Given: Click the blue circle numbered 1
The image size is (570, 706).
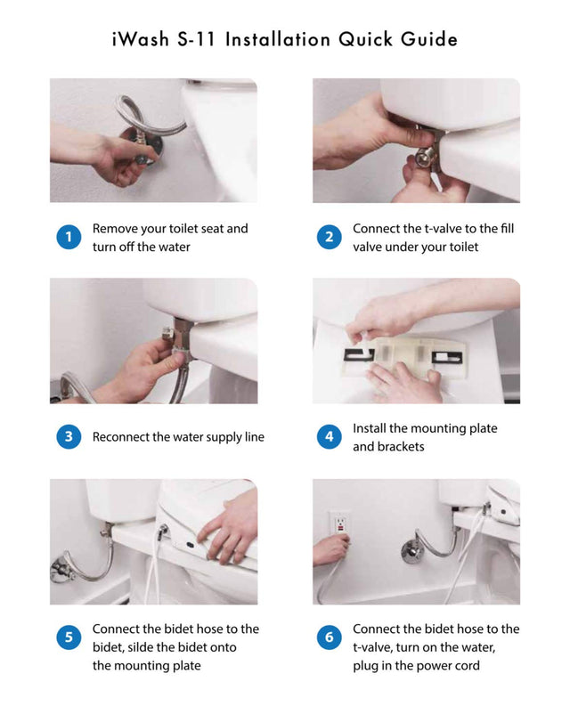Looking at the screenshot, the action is pyautogui.click(x=69, y=237).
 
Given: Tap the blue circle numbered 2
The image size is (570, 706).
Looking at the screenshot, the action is pyautogui.click(x=330, y=237).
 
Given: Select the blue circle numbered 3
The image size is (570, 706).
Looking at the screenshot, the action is pyautogui.click(x=69, y=436).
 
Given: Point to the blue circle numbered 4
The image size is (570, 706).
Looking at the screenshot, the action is pyautogui.click(x=330, y=436).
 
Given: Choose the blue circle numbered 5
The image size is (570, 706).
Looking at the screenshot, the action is pyautogui.click(x=69, y=637).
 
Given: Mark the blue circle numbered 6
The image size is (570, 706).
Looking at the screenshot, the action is pyautogui.click(x=330, y=637).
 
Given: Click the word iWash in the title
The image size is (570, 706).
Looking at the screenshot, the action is pyautogui.click(x=141, y=39).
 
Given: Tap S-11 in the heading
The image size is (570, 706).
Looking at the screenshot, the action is pyautogui.click(x=196, y=39).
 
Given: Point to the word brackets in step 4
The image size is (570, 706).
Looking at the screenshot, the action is pyautogui.click(x=400, y=447).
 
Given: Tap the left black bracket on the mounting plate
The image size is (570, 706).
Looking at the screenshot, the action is pyautogui.click(x=359, y=355).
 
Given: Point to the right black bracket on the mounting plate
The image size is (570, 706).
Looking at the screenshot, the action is pyautogui.click(x=447, y=358).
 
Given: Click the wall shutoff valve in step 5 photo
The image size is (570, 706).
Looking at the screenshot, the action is pyautogui.click(x=61, y=570).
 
